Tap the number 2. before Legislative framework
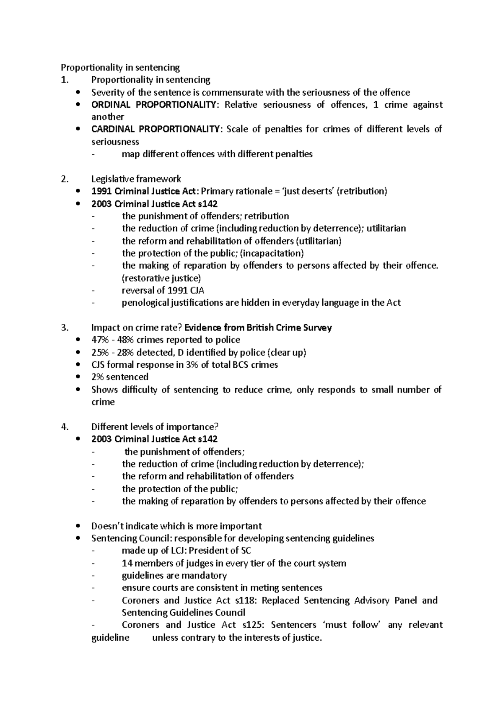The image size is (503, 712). tap(64, 179)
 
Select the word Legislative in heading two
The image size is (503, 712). tap(111, 179)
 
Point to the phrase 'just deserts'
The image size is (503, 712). tap(308, 191)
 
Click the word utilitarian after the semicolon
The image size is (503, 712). tap(386, 229)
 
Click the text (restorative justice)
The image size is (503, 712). tap(161, 278)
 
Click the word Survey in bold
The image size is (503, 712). tap(317, 327)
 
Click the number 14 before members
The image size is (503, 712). tap(127, 563)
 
